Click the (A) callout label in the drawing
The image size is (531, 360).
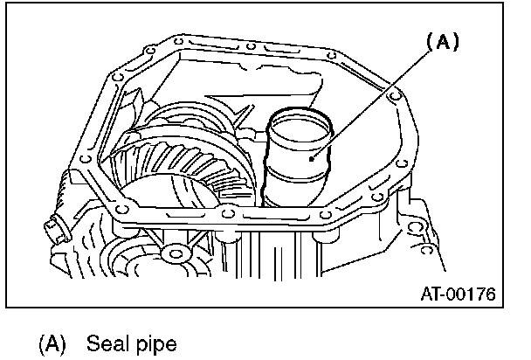pyautogui.click(x=442, y=41)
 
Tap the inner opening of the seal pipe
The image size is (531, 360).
pyautogui.click(x=300, y=127)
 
